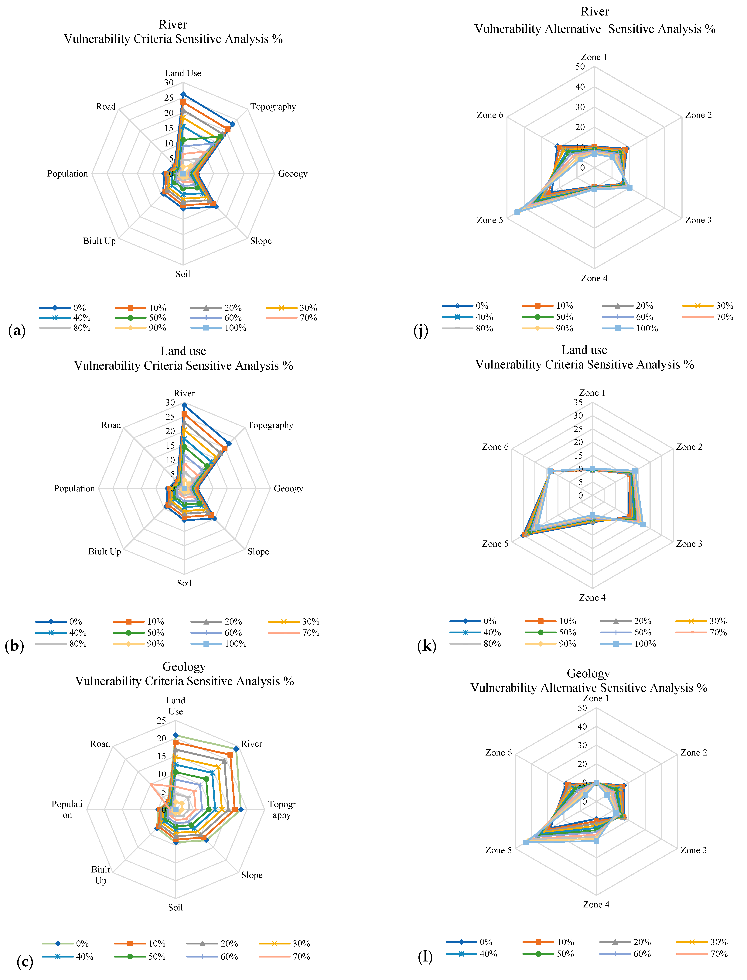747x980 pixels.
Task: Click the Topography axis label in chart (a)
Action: [x=273, y=107]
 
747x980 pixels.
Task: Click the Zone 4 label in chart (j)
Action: [x=594, y=278]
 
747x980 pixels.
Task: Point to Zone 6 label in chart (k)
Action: [x=495, y=447]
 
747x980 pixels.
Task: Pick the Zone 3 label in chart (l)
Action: [x=693, y=850]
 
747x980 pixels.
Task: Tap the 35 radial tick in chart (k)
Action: [x=578, y=402]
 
